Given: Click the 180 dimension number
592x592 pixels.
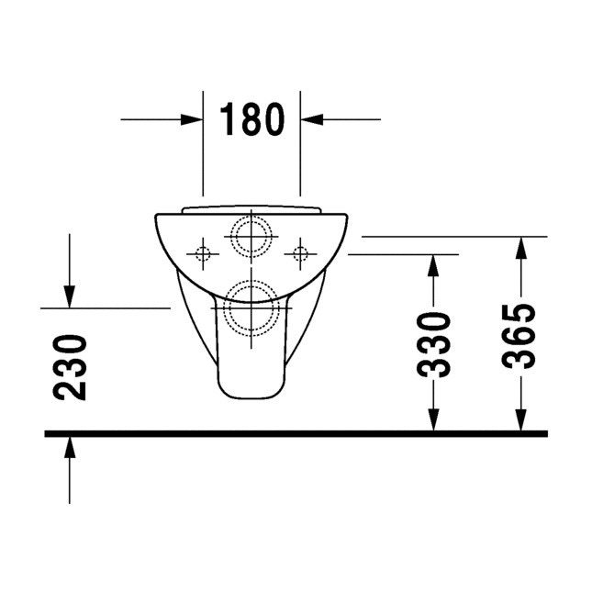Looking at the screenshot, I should tap(251, 119).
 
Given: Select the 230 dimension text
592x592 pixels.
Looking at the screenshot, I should tap(70, 367).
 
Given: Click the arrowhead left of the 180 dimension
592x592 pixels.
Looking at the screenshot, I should tap(193, 119).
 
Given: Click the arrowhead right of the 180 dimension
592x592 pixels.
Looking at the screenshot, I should tap(310, 119).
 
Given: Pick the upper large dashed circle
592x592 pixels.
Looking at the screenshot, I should tap(251, 236).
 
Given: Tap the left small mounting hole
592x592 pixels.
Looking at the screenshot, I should tap(203, 251).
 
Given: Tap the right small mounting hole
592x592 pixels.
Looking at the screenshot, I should tap(299, 251).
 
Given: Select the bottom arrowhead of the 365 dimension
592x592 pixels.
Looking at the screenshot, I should tap(520, 419).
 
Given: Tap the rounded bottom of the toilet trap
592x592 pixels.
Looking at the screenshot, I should tap(251, 395).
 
